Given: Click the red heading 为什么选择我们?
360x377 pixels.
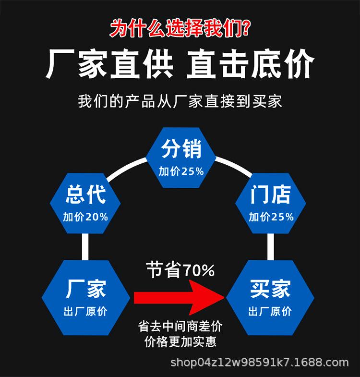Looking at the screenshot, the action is [x=180, y=28].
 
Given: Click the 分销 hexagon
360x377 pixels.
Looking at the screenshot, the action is [x=181, y=156].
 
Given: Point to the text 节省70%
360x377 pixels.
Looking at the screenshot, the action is [x=180, y=270].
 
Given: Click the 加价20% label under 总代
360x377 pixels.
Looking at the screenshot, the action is [x=85, y=217].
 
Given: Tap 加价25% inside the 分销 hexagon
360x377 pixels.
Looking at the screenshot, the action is [x=181, y=171].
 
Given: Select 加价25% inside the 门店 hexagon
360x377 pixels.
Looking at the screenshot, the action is [x=271, y=217].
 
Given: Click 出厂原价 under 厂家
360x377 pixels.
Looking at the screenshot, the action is [x=85, y=312].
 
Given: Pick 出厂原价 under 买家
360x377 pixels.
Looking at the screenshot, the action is [x=270, y=312].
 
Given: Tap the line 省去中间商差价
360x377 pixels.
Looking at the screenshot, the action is [x=180, y=327].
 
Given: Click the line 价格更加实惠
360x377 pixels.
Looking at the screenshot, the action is [x=180, y=342].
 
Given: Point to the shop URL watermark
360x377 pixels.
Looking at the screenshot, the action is [x=260, y=362].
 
